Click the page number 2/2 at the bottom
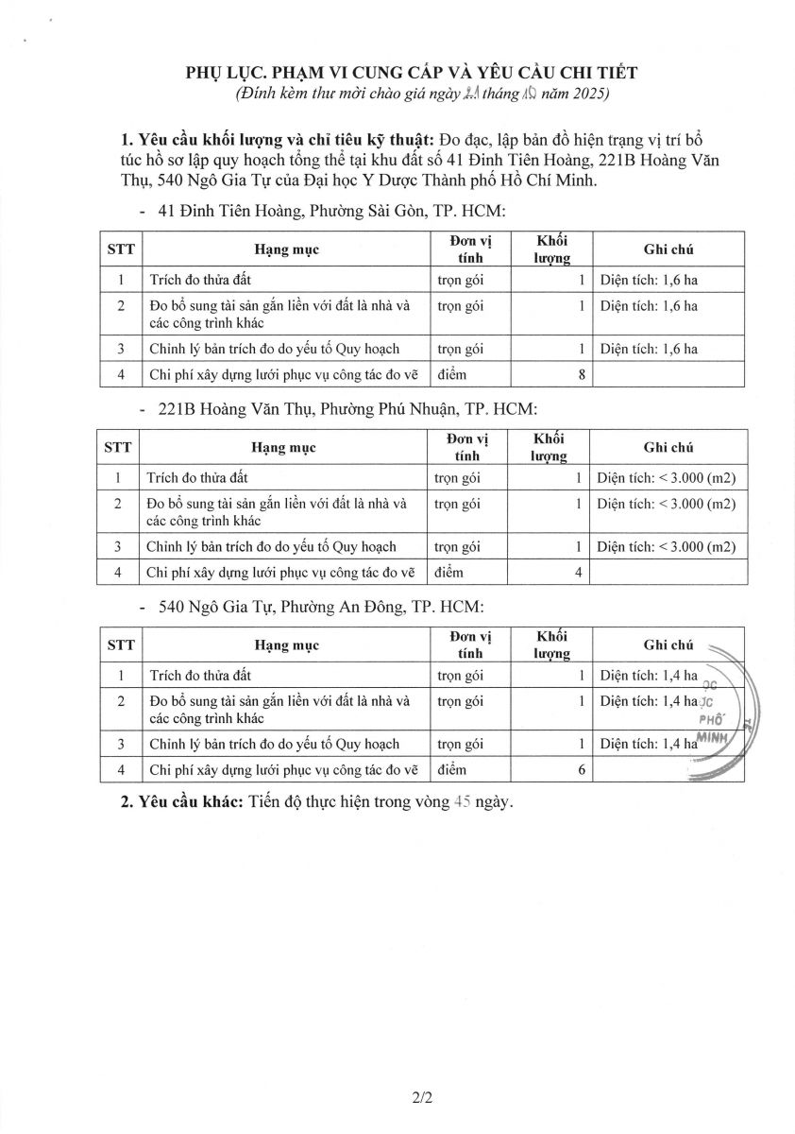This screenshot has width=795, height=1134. (x=422, y=1098)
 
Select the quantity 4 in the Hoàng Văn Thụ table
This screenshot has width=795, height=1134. (x=579, y=572)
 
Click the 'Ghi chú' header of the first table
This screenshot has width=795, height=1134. (x=668, y=249)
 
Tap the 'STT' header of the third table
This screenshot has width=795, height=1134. (x=121, y=644)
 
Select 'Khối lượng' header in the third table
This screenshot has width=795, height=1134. (x=551, y=644)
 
